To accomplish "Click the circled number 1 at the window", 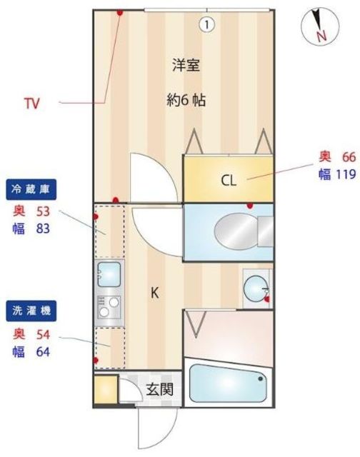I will click(x=206, y=24).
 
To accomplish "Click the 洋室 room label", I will click(x=185, y=65).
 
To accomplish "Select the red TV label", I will click(x=31, y=104).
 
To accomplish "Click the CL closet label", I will click(x=228, y=180).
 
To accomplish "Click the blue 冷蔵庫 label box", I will click(x=32, y=189).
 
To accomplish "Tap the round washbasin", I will click(x=254, y=288).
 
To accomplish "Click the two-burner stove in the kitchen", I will click(x=109, y=306).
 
